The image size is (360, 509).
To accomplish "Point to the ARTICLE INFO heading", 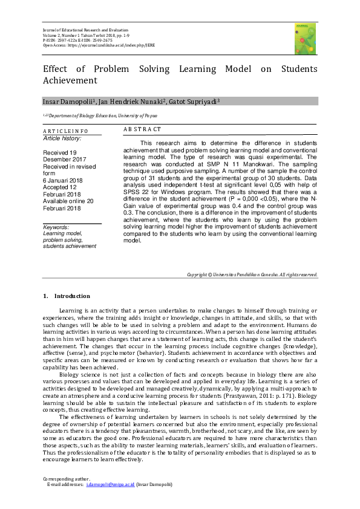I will pyautogui.click(x=65, y=131).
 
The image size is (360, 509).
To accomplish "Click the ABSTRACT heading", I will pyautogui.click(x=142, y=130).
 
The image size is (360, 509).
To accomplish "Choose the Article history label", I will pyautogui.click(x=62, y=138).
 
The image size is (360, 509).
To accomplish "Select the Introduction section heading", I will pyautogui.click(x=72, y=296).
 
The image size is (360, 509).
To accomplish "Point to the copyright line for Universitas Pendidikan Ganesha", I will pyautogui.click(x=252, y=274).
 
